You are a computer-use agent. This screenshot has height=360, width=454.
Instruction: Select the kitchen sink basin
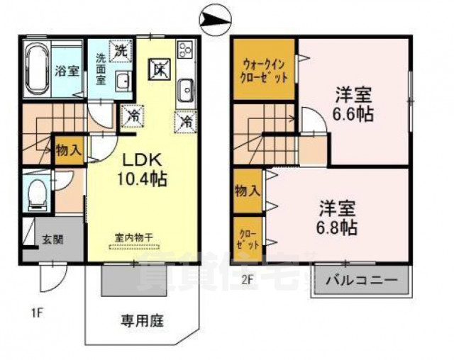tap(186, 91)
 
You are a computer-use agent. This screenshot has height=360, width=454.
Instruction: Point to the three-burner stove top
tap(186, 51)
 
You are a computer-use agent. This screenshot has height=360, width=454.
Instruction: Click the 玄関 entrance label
tap(51, 240)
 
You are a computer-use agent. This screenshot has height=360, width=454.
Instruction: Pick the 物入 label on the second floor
tap(248, 191)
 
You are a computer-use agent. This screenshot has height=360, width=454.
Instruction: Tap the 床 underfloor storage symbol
tap(159, 69)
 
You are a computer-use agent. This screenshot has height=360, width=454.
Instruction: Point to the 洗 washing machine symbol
tap(121, 51)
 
